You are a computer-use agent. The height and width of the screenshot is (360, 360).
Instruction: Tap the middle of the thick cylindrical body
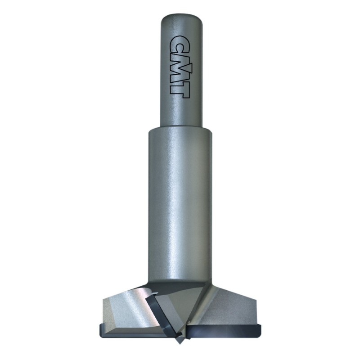pyautogui.click(x=180, y=202)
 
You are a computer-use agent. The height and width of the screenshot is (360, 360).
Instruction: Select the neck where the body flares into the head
pyautogui.click(x=180, y=281)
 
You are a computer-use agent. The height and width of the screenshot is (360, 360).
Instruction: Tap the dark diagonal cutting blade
pyautogui.click(x=164, y=315)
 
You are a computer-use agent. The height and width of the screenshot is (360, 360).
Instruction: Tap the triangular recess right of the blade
pyautogui.click(x=180, y=310)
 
